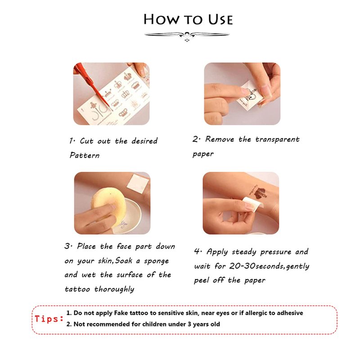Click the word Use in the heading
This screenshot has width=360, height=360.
pyautogui.click(x=220, y=19)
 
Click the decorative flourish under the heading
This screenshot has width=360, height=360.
pyautogui.click(x=187, y=36)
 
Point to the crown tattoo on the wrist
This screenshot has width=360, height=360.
pyautogui.click(x=260, y=193)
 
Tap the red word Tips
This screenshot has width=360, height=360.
pyautogui.click(x=49, y=319)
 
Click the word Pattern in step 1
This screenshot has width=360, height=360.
pyautogui.click(x=85, y=155)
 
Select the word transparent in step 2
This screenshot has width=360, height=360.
pyautogui.click(x=277, y=139)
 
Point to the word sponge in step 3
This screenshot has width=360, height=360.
pyautogui.click(x=156, y=261)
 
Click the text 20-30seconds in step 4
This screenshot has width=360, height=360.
pyautogui.click(x=257, y=266)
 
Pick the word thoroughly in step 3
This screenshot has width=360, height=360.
pyautogui.click(x=114, y=289)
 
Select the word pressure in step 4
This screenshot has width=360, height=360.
pyautogui.click(x=276, y=252)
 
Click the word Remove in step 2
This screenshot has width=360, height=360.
pyautogui.click(x=220, y=139)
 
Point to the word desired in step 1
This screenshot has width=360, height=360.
pyautogui.click(x=144, y=141)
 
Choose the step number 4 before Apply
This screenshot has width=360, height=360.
pyautogui.click(x=197, y=251)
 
